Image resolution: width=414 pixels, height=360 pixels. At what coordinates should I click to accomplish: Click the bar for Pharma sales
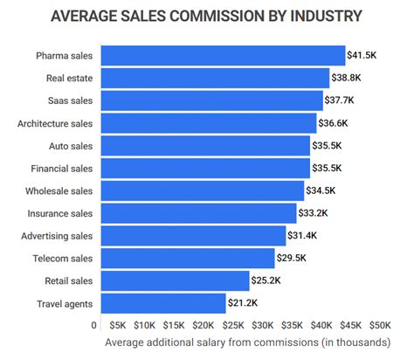pos(223,56)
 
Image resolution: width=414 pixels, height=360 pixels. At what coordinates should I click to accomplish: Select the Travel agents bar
pos(163,303)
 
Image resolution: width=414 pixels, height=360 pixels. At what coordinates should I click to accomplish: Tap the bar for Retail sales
pos(175,280)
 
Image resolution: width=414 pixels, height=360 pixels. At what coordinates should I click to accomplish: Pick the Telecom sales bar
pos(188,258)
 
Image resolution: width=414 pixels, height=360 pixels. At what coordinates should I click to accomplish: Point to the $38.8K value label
pos(348,79)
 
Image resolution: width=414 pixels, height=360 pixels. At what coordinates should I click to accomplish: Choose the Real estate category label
pos(70,79)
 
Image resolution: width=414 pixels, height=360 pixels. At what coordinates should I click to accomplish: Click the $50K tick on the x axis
pos(381,326)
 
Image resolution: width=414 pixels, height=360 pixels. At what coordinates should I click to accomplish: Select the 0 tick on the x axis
pos(94,326)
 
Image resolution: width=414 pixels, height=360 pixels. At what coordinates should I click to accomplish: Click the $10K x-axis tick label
pos(145,326)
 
